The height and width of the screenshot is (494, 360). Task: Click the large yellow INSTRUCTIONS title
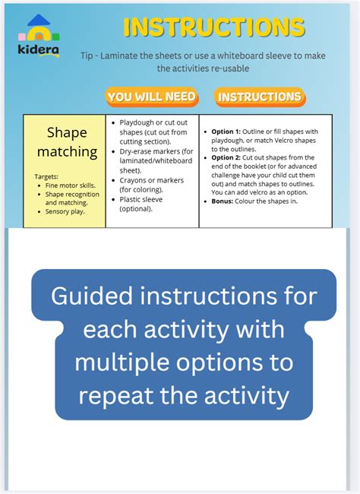coord(213,28)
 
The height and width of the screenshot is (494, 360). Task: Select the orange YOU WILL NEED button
coord(151,97)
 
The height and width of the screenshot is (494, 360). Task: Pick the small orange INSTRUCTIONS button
coord(259,97)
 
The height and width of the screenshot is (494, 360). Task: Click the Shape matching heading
coord(67,142)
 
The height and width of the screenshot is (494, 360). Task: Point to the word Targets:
coord(47,176)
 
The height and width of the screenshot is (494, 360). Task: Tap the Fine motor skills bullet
coord(69,185)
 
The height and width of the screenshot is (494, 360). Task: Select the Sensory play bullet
coord(68,211)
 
